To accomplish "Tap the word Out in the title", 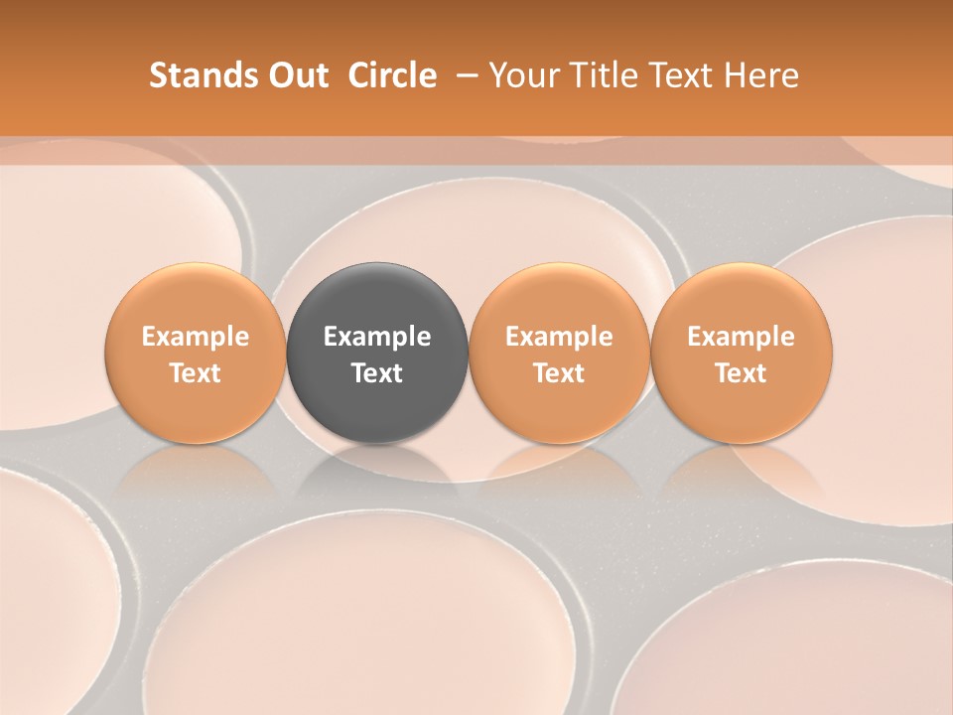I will pyautogui.click(x=295, y=75).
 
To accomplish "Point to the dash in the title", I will pyautogui.click(x=463, y=75).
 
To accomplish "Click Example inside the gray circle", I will pyautogui.click(x=377, y=337).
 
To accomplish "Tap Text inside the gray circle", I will pyautogui.click(x=377, y=373).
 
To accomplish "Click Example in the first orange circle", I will pyautogui.click(x=196, y=337).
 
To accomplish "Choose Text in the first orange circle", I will pyautogui.click(x=196, y=373).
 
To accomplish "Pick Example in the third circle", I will pyautogui.click(x=559, y=337).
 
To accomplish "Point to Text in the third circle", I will pyautogui.click(x=559, y=373).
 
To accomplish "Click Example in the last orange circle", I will pyautogui.click(x=741, y=337).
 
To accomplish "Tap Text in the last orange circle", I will pyautogui.click(x=741, y=373).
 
